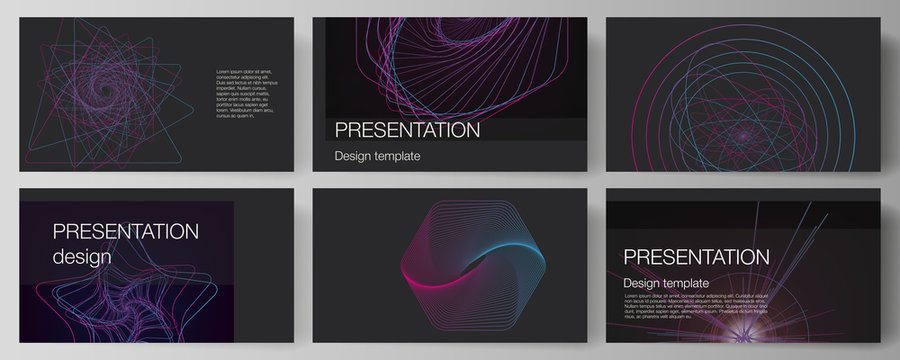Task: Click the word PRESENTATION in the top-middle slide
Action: (407, 131)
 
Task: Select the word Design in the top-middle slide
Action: (356, 157)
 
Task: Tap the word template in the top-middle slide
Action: (400, 157)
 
